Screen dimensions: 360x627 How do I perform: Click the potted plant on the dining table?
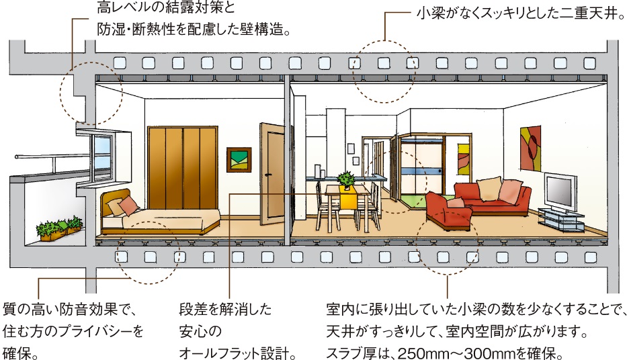[x=347, y=179]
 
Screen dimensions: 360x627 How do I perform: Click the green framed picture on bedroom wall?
[x=239, y=161]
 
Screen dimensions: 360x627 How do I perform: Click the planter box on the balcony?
[x=60, y=228]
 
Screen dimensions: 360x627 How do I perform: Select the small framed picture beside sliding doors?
[x=464, y=159]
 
